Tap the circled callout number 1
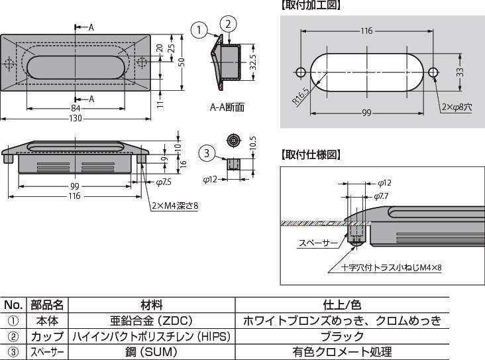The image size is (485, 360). pos(198,29)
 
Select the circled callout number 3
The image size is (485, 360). pos(207,154)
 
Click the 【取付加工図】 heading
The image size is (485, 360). pos(310,5)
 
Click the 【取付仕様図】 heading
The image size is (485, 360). pos(310,155)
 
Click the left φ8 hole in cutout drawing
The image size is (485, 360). pos(300,72)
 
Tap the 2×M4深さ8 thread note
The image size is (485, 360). pos(175,206)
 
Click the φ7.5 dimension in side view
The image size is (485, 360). pos(164,181)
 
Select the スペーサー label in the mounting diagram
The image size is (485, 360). pos(318,243)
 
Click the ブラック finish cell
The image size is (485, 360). pos(342,336)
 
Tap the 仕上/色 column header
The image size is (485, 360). pos(342,305)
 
